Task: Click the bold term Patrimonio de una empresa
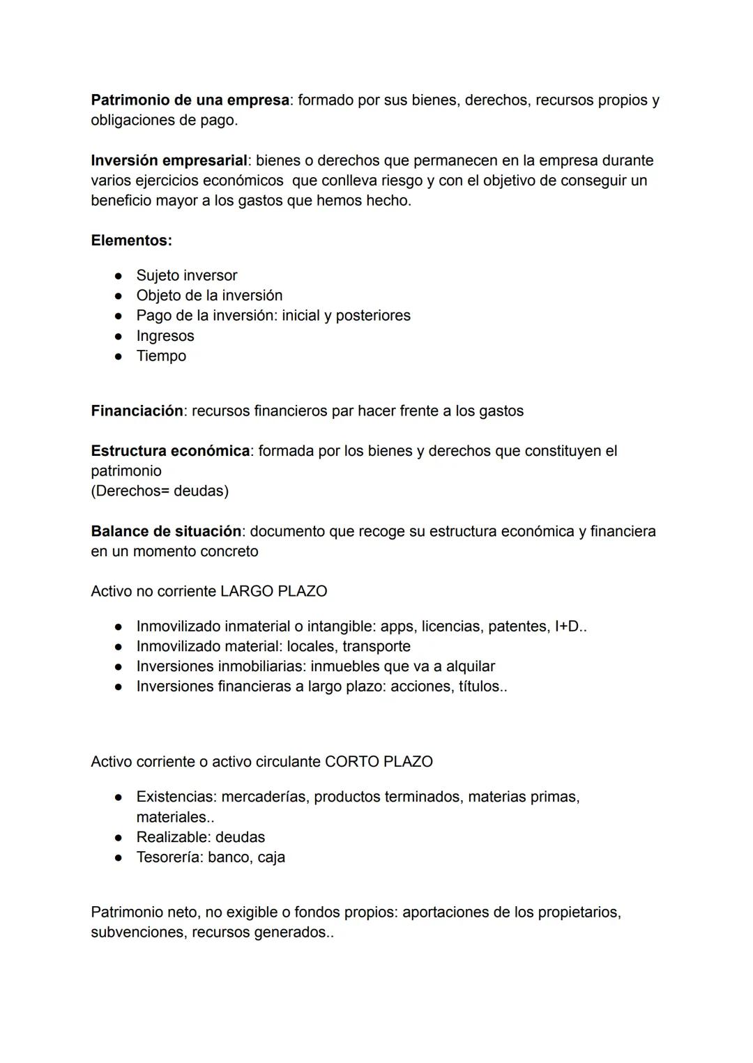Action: (190, 100)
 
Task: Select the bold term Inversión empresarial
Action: (169, 161)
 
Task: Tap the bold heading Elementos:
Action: (131, 241)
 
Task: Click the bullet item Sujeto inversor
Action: (186, 276)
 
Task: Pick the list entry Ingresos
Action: (165, 336)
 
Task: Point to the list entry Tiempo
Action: (161, 356)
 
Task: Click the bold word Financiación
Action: (137, 411)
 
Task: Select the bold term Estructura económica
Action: (170, 452)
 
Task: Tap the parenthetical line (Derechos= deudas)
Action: (160, 491)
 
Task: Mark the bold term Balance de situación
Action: (166, 532)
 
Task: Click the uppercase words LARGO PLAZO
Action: (273, 592)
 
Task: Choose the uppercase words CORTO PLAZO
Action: (379, 762)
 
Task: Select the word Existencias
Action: (174, 797)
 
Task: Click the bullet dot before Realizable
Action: (119, 838)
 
